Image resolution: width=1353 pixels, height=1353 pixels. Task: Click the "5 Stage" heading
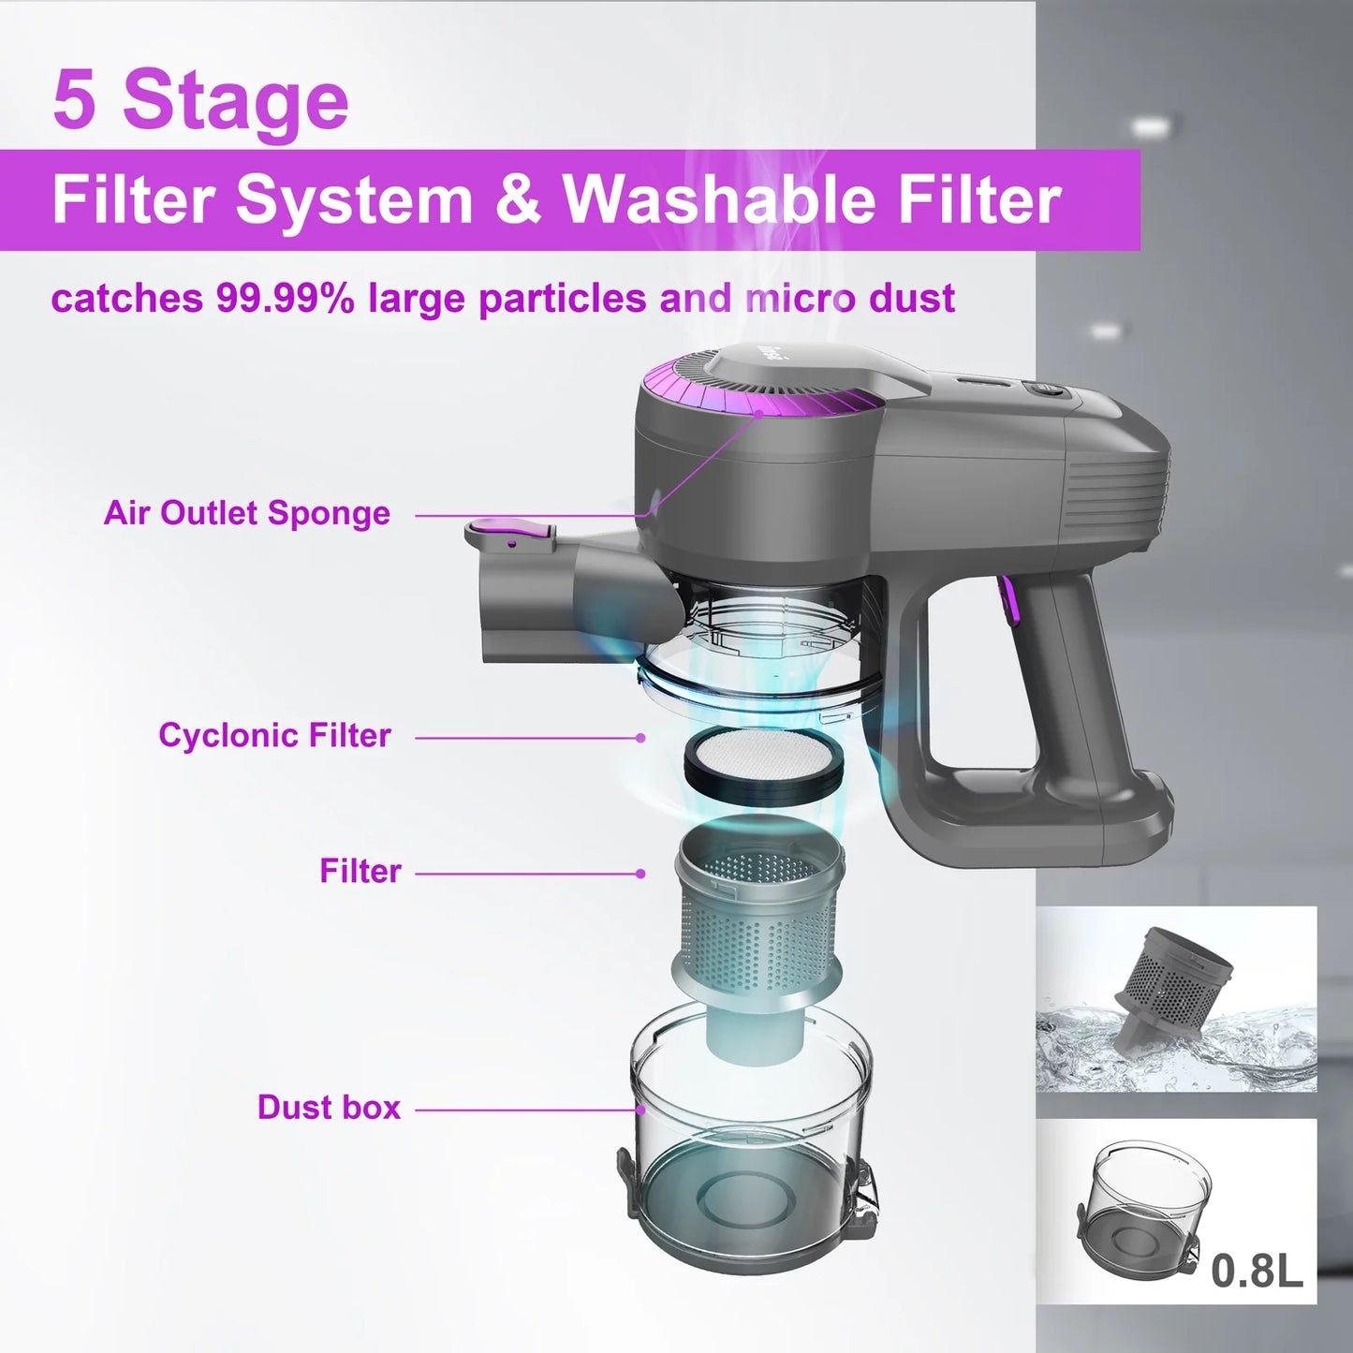coord(200,99)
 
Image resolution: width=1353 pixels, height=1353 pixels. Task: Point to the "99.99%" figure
coord(285,299)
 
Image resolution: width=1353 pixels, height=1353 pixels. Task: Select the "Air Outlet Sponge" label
coord(247,513)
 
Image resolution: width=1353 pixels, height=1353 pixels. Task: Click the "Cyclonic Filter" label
coord(274,736)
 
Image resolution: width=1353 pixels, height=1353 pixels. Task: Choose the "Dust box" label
coord(329,1108)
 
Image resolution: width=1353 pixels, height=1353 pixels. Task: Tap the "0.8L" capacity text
coord(1256,1271)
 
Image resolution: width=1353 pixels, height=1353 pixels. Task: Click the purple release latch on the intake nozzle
coord(510,535)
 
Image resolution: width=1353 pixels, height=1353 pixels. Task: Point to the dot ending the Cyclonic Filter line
coord(640,738)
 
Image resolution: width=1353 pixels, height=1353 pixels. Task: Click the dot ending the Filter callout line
coord(640,874)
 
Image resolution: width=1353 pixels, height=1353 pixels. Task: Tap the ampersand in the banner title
coord(517,199)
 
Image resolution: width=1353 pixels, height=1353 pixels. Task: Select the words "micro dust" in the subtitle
coord(850,299)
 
